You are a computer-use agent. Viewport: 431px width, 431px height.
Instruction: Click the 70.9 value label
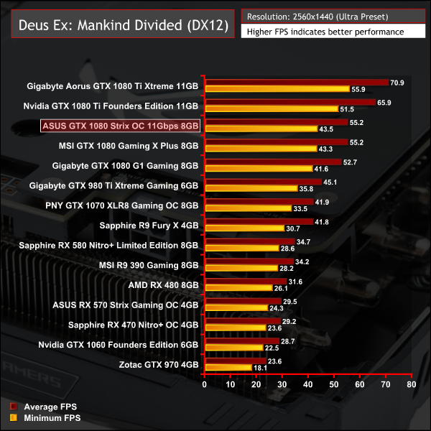click(397, 83)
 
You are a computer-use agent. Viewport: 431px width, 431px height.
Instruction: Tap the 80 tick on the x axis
click(411, 384)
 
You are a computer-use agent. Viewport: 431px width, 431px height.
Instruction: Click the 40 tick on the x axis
click(308, 384)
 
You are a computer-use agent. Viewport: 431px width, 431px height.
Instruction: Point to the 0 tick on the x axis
click(205, 384)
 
